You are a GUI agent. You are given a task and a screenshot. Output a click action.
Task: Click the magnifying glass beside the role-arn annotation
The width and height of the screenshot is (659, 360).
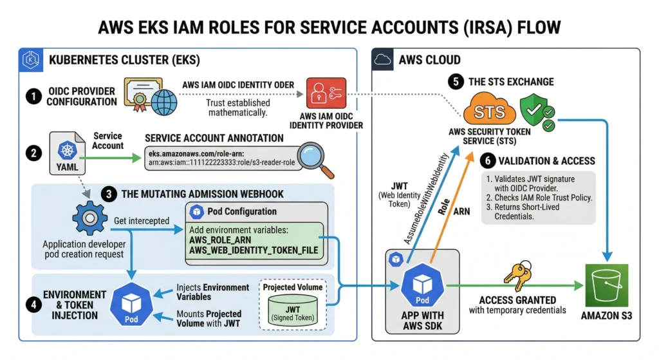click(317, 157)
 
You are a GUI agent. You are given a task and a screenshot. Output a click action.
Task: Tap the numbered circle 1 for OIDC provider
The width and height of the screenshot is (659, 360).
click(32, 95)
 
